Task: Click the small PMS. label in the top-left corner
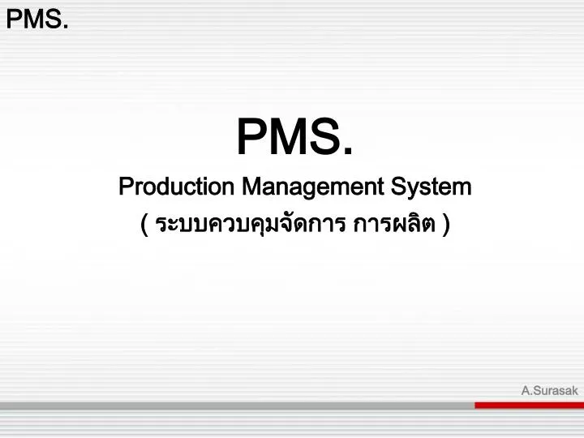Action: (x=36, y=19)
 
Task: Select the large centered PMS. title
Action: (x=294, y=137)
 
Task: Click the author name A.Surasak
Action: (x=549, y=390)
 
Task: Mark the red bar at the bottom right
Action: (x=528, y=405)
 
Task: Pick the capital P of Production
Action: (x=124, y=187)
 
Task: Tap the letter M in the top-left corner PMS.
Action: (x=35, y=19)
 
